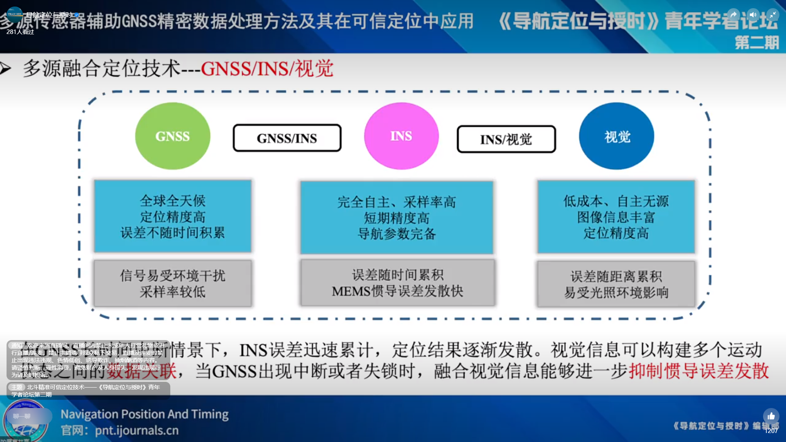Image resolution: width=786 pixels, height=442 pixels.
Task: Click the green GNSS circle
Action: click(x=172, y=136)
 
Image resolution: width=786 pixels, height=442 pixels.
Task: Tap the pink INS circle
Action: click(x=401, y=136)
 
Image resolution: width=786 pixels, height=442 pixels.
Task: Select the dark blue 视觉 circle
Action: click(x=617, y=136)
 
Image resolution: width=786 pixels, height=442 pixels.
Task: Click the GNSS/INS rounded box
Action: click(x=287, y=138)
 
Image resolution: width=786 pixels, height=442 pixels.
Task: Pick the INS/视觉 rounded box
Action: click(x=506, y=140)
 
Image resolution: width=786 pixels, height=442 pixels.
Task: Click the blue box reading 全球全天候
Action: click(x=172, y=216)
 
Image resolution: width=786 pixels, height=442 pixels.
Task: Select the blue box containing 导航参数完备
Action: click(x=396, y=218)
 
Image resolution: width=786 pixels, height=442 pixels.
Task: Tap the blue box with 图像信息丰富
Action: click(x=616, y=217)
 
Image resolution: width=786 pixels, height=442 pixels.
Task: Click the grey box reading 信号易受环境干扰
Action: click(x=172, y=283)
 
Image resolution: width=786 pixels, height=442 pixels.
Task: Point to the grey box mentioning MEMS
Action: click(x=397, y=283)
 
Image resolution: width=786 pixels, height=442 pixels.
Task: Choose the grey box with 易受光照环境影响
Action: click(x=616, y=284)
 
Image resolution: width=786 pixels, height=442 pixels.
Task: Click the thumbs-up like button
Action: click(x=771, y=416)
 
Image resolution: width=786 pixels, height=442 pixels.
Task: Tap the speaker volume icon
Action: click(x=753, y=15)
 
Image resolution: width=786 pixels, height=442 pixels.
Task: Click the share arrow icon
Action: click(x=733, y=15)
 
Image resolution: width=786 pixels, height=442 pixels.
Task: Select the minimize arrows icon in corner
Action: click(x=772, y=15)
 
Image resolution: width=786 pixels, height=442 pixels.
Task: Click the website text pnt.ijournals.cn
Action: click(x=137, y=431)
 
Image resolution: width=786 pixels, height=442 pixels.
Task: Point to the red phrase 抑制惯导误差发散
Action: click(x=698, y=371)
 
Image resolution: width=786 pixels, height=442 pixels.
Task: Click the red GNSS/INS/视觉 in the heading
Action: click(x=267, y=69)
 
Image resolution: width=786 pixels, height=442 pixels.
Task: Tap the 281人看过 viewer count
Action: click(x=20, y=32)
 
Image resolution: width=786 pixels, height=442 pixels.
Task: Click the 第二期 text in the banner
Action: click(x=756, y=43)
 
